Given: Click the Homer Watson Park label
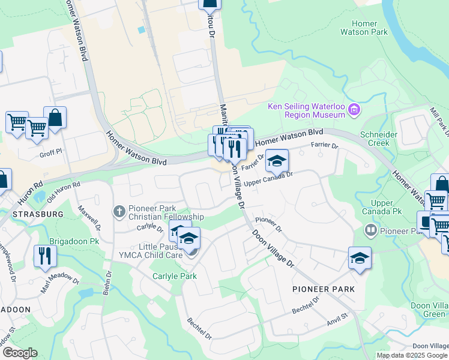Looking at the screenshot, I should pos(364,28).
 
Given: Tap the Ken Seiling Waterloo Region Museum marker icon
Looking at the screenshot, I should pos(355,109).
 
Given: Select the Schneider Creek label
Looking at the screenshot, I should pos(378,139).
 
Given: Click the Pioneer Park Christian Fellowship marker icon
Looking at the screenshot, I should pos(119,211).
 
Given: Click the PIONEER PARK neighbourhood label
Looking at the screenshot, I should pos(324,289).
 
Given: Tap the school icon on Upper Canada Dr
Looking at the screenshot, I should pos(277,160).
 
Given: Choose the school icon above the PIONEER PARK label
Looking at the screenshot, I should pos(360,258).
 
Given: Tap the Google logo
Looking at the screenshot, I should pos(20,353).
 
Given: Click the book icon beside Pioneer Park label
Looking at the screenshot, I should pos(370,230).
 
